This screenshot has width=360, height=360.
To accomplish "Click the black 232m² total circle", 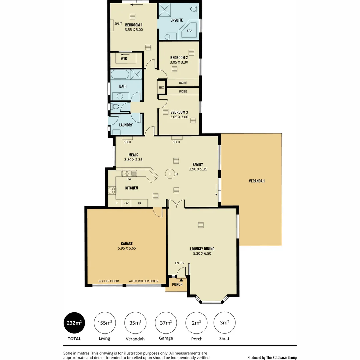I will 74,323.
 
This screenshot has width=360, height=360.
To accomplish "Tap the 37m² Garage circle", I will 166,323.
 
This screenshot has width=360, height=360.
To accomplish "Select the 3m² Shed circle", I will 224,323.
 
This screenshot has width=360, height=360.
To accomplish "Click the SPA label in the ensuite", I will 190,31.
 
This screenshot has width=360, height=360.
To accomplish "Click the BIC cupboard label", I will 162,88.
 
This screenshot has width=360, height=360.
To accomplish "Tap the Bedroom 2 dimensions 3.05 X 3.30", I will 179,62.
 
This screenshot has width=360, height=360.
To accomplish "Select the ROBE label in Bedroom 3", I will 183,91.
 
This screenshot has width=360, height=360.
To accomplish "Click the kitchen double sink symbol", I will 129,173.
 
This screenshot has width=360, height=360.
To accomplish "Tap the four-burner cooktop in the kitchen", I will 112,190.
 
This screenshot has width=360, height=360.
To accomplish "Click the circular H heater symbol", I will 170,174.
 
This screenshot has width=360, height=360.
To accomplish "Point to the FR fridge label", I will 140,203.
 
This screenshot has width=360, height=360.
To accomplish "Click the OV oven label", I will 126,203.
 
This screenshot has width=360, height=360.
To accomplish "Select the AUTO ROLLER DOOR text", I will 144,281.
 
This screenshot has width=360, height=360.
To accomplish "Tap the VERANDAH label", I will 257,181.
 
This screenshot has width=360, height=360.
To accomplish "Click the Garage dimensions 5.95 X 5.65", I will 127,248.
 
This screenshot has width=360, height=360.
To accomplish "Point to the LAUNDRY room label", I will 126,125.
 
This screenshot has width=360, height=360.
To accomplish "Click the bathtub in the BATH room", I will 119,74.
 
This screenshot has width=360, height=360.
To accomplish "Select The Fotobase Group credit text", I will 281,357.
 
